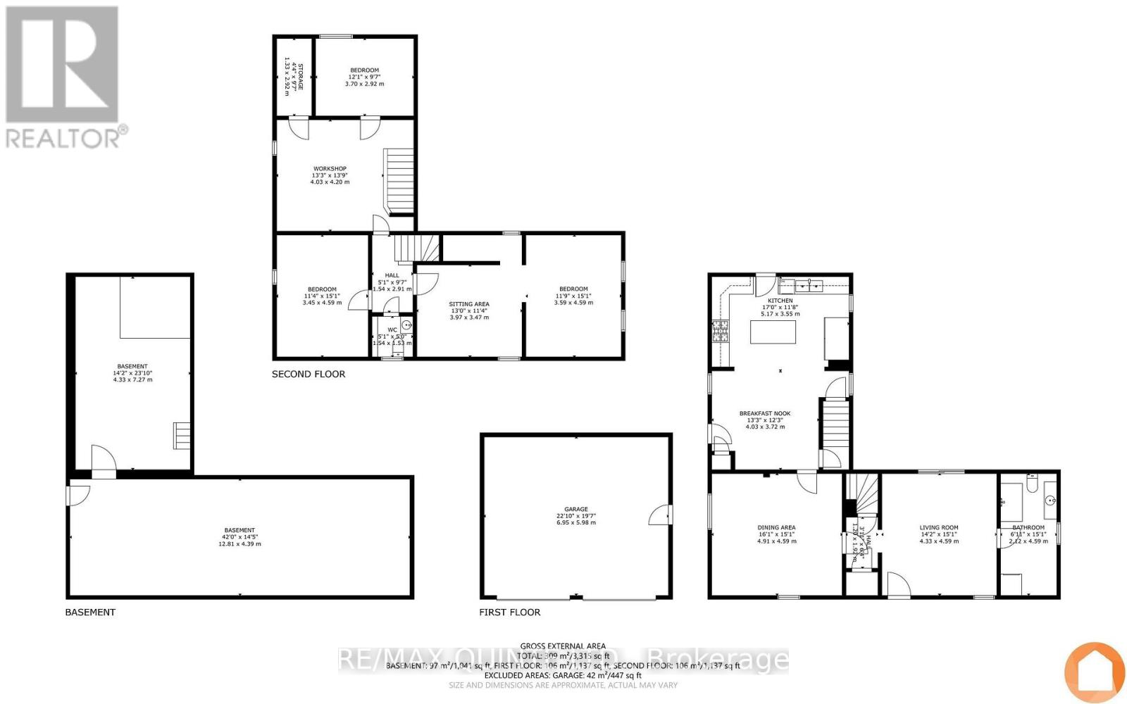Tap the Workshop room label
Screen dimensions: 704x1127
pos(330,169)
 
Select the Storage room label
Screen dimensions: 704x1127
pos(300,76)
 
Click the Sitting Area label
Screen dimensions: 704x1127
pos(469,304)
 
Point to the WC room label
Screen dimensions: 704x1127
pos(392,329)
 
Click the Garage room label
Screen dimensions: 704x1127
pos(575,509)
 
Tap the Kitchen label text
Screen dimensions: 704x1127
pos(780,301)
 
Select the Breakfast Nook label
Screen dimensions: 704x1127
pos(764,414)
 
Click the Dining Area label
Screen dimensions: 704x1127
pos(776,527)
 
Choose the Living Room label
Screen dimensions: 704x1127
pos(938,527)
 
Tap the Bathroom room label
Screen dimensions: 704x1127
pos(1028,527)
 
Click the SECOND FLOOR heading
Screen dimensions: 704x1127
pos(309,374)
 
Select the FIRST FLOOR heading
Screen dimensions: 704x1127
pos(509,612)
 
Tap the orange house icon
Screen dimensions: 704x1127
pos(1094,672)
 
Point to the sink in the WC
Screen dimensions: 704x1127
pos(406,325)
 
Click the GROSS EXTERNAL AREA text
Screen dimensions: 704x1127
pos(563,646)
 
